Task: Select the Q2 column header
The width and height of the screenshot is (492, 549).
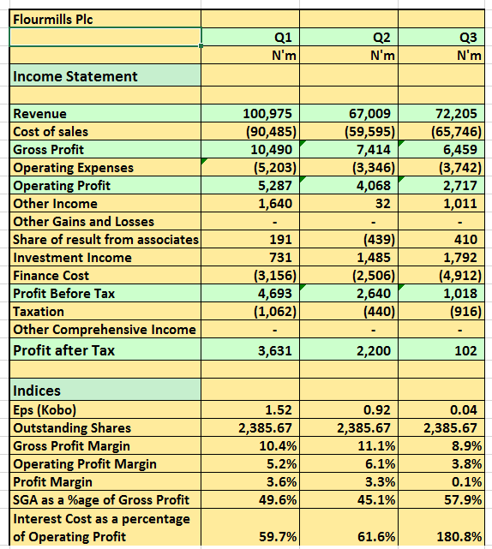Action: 381,38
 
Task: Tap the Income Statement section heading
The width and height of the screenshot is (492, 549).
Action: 75,76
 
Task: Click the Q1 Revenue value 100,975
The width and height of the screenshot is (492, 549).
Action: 267,114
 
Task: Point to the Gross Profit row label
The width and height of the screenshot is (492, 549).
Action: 48,150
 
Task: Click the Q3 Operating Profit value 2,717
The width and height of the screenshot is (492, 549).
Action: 460,186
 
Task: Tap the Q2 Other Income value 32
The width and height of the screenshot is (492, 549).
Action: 382,204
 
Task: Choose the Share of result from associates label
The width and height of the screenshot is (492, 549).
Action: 105,240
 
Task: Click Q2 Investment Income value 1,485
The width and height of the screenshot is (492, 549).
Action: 374,258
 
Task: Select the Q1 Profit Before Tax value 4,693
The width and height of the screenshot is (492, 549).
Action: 275,294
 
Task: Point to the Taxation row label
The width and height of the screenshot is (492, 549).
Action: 39,312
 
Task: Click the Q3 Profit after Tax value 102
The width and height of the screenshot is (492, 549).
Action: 465,350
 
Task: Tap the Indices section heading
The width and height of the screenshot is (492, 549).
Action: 37,391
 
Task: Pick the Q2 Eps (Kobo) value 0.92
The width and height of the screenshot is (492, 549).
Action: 376,410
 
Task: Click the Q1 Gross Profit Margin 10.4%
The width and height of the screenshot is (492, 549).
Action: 278,446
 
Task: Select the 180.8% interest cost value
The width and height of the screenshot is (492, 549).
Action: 459,536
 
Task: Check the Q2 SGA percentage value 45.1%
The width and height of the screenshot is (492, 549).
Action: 376,500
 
